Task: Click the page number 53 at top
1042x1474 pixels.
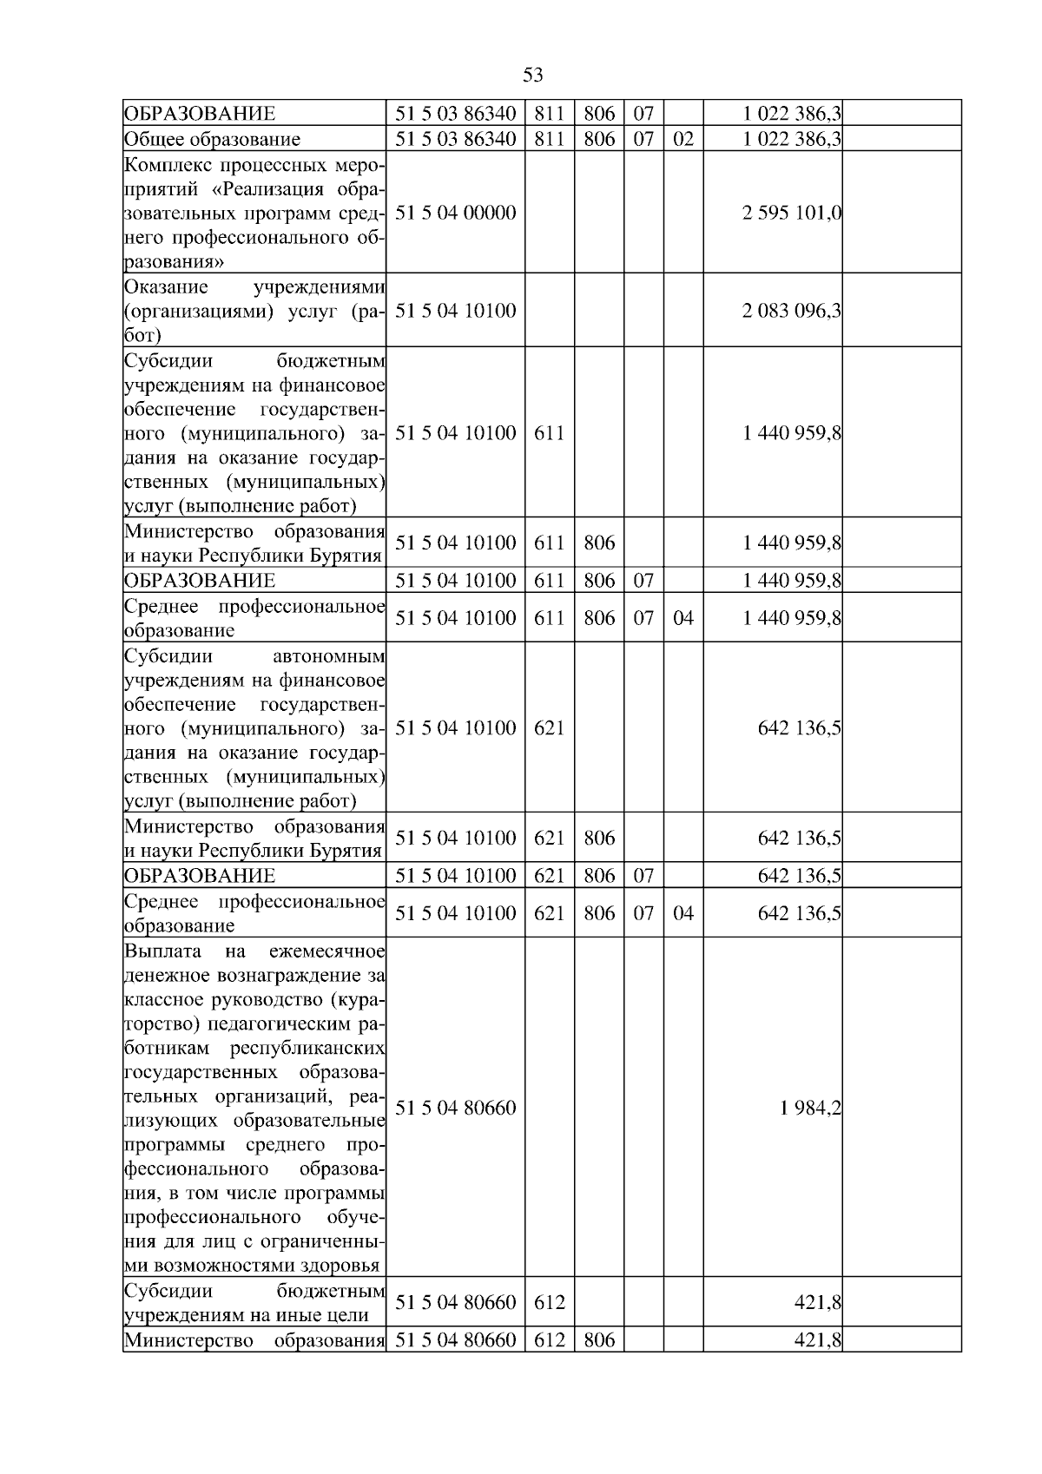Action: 533,75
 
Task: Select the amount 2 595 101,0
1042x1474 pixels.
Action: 791,213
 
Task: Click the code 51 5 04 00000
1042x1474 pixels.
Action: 456,213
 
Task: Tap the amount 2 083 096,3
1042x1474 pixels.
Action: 791,311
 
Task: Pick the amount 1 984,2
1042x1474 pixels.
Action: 810,1108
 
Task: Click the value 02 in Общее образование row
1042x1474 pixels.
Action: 683,139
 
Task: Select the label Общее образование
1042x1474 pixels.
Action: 213,139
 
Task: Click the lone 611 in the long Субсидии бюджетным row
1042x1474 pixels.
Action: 549,432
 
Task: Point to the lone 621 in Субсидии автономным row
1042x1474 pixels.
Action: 549,727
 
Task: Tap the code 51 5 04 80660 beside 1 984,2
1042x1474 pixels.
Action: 456,1108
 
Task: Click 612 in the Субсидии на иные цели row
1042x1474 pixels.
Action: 549,1302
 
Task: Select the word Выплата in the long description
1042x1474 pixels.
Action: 163,951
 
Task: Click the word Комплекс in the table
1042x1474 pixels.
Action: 168,165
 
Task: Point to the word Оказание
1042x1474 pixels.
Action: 166,286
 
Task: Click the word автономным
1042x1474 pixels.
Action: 335,655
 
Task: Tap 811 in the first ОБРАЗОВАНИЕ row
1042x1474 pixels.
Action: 549,114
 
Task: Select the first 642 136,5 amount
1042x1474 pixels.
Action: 799,727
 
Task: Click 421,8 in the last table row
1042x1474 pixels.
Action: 817,1340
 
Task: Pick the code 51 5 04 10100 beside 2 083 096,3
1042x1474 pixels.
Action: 456,311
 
